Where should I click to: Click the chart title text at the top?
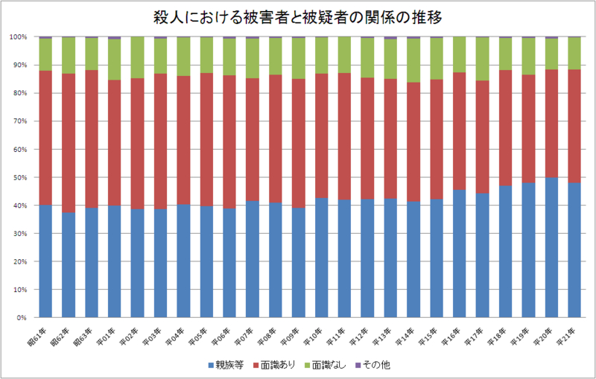pos(298,16)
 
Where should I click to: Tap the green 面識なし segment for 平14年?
pos(413,60)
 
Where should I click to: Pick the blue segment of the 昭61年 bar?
pos(45,261)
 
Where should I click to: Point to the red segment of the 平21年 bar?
pos(574,127)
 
